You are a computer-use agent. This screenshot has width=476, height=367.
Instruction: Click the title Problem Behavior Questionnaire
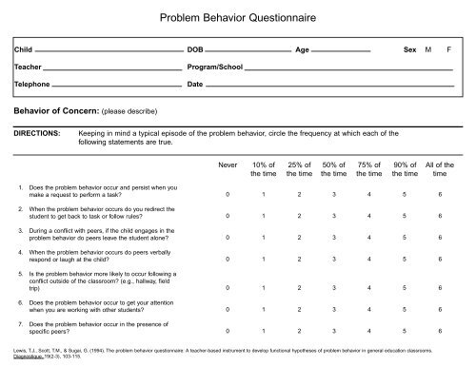(238, 18)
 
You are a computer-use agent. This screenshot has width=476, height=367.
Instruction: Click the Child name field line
(105, 51)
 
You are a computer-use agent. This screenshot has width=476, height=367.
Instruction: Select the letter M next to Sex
(428, 48)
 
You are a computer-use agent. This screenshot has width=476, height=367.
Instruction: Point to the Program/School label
(215, 68)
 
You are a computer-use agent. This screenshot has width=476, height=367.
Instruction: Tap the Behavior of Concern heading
(53, 109)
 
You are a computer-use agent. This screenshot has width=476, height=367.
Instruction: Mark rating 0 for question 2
(227, 216)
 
